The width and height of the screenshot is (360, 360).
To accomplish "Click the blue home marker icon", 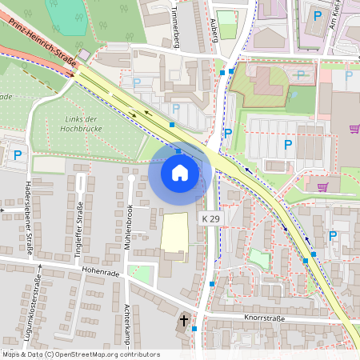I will click(x=180, y=172).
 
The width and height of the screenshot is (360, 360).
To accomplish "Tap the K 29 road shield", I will click(x=210, y=218).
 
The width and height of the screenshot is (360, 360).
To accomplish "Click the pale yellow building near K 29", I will click(x=175, y=233).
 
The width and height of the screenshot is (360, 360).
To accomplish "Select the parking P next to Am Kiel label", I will click(x=318, y=15).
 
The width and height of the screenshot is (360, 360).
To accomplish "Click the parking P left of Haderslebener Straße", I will click(x=18, y=154).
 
